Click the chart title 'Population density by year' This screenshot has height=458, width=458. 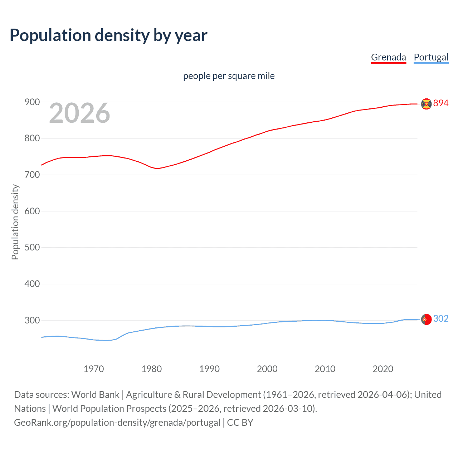point(108,35)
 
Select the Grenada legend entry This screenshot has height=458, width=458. point(388,57)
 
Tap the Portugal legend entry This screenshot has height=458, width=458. point(431,57)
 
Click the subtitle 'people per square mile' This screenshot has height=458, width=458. point(229,76)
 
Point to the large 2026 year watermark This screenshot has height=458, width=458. point(79,113)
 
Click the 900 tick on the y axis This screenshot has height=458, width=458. point(32,102)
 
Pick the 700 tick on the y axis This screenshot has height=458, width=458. point(32,175)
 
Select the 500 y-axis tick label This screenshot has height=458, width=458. point(32,248)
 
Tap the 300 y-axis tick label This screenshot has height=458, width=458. point(32,320)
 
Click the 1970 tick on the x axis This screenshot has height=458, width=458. point(94,369)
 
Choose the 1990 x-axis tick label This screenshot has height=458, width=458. point(209,369)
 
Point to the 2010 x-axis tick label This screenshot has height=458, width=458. point(325,369)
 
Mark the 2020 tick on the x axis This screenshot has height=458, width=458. point(383,369)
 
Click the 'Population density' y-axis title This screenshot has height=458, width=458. point(15,222)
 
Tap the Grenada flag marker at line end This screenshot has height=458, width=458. point(426,104)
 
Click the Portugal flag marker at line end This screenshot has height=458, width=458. point(426,319)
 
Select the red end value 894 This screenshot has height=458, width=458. point(441,103)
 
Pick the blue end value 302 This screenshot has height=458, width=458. point(441,319)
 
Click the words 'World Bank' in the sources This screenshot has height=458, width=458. point(95,395)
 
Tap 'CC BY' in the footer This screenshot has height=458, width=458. point(240,423)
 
